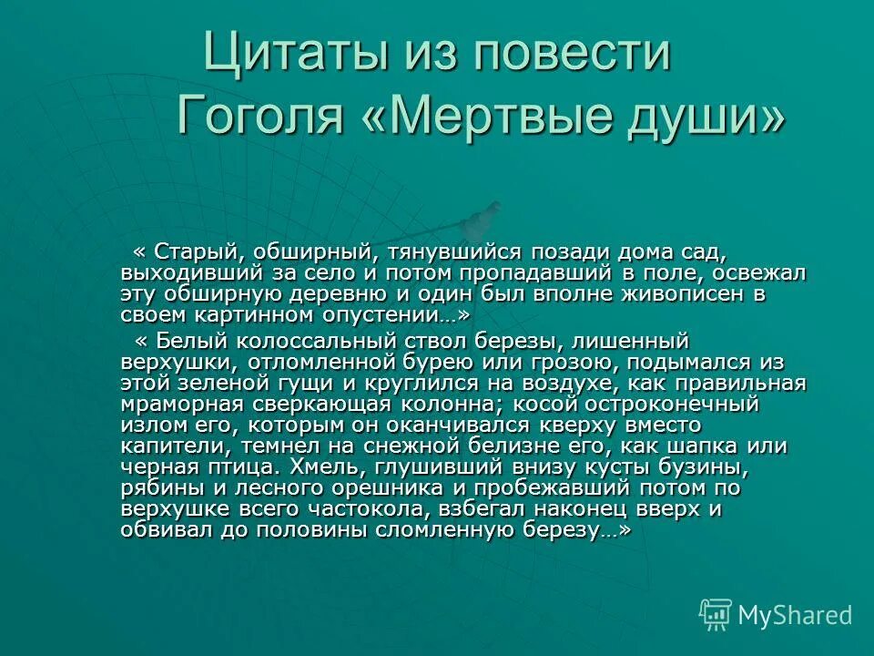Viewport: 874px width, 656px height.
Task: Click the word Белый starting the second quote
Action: point(190,341)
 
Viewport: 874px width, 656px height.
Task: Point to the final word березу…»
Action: point(576,530)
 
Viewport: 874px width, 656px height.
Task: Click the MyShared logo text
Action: point(795,615)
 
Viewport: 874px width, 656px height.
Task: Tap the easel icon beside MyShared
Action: point(716,615)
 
